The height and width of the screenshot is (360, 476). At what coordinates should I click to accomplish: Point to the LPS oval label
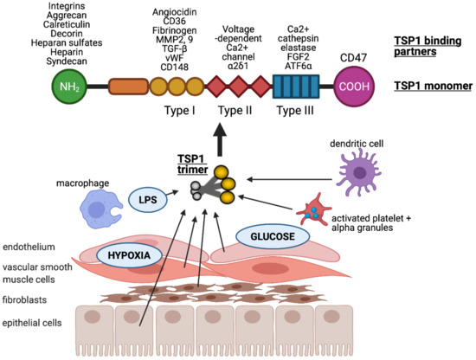tap(146, 201)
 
